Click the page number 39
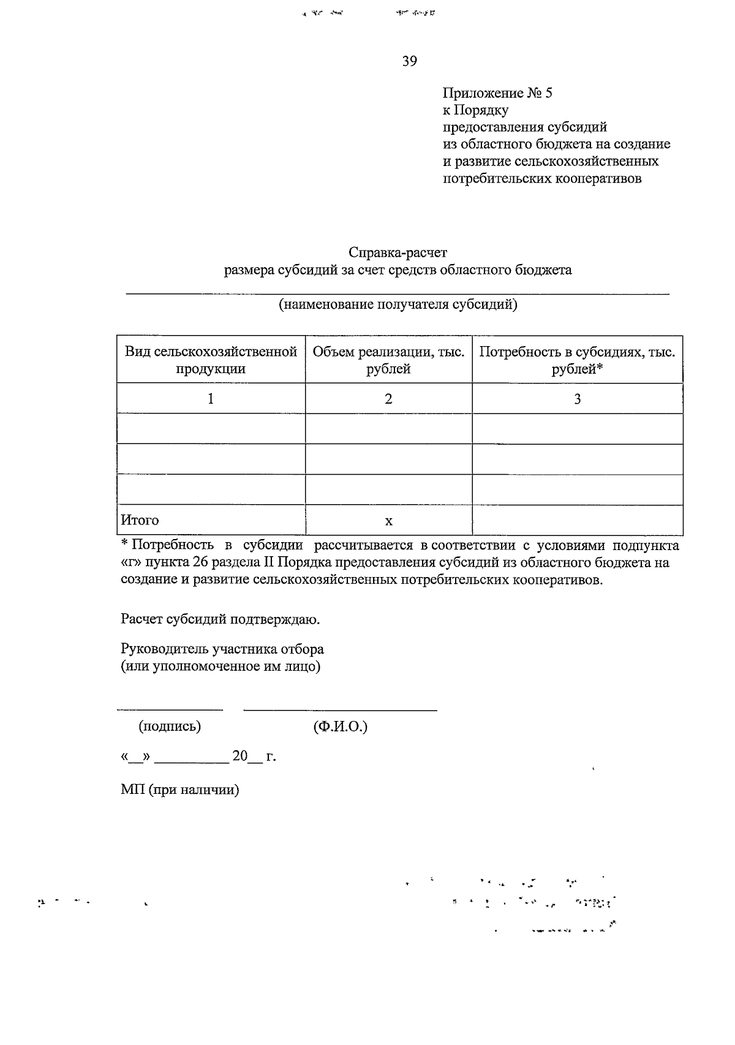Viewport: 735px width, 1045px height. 410,61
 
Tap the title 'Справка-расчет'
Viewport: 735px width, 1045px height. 398,252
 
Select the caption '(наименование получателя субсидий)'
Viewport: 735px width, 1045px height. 398,304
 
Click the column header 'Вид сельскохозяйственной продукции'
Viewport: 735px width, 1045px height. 211,360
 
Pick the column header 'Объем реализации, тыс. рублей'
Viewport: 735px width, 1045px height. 388,360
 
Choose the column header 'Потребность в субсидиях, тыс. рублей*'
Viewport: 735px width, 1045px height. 577,360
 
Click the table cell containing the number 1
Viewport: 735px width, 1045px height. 211,399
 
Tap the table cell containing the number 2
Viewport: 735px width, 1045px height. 388,399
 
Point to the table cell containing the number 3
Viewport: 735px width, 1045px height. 577,399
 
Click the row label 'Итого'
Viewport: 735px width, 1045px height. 140,520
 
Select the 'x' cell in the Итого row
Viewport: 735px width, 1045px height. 388,521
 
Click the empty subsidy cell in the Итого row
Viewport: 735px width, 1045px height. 577,520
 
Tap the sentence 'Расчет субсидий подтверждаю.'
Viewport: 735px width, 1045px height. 221,619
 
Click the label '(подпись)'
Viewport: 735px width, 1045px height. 170,726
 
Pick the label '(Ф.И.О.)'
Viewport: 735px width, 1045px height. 340,726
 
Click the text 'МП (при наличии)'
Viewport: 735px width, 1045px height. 179,790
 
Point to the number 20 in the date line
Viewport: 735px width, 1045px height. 239,756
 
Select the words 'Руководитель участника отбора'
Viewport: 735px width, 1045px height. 222,649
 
